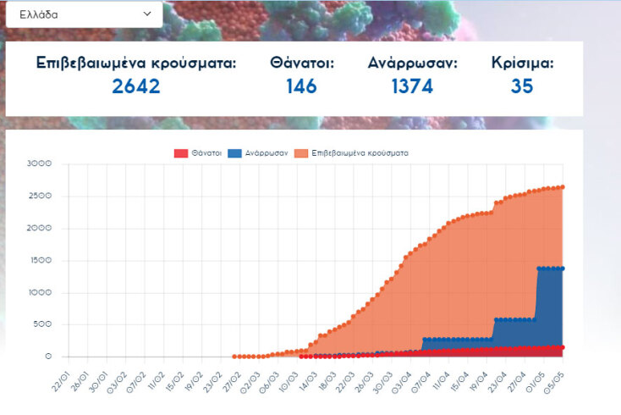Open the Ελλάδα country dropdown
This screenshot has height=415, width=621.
pos(85,14)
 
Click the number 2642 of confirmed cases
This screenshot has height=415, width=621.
pos(135,86)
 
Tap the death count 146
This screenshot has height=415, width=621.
pos(301,86)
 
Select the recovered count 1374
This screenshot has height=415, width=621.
pos(412,86)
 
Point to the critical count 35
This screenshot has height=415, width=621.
pos(522,86)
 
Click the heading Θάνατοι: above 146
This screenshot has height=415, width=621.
pos(302,64)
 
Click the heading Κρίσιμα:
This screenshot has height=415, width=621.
pos(523,64)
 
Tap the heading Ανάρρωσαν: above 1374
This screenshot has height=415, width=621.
pos(413,64)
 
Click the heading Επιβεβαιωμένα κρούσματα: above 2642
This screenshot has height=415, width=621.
pos(136,64)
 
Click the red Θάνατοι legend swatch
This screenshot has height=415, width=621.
pos(180,153)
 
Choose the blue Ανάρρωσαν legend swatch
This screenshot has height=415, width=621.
pos(234,153)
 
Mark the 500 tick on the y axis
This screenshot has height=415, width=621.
pos(42,324)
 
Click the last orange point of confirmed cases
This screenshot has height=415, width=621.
pos(562,187)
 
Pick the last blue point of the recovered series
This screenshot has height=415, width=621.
pos(562,268)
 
